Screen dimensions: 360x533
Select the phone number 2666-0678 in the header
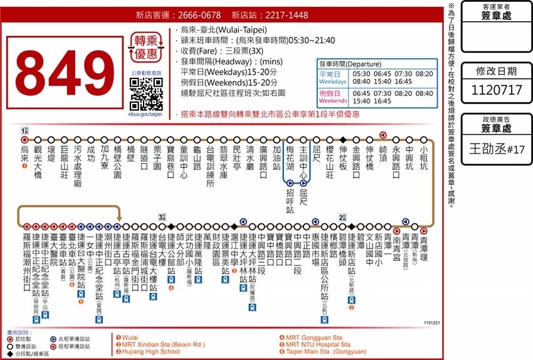point(196,15)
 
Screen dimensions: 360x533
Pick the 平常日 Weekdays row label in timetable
point(332,78)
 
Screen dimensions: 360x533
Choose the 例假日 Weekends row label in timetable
point(332,97)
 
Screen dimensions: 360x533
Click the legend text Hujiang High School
point(150,352)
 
